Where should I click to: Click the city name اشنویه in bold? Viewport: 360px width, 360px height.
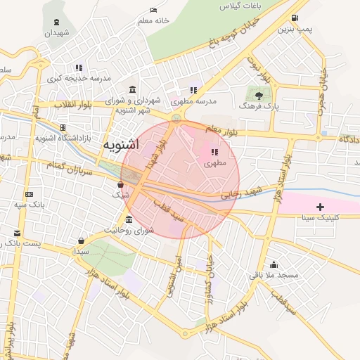tap(121, 145)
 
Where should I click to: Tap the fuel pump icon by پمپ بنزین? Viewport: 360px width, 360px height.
tap(294, 18)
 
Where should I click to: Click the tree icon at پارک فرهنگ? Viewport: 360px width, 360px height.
tap(258, 94)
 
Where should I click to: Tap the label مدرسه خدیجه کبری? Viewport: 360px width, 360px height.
tap(79, 79)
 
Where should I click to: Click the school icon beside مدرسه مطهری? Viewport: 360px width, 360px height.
tap(193, 90)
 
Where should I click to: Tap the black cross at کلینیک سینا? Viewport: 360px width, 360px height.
tap(321, 206)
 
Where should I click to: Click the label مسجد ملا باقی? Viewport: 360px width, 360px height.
tap(274, 275)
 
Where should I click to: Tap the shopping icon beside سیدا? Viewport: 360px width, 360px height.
tap(82, 240)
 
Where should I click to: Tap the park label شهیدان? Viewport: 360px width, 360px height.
tap(58, 32)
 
